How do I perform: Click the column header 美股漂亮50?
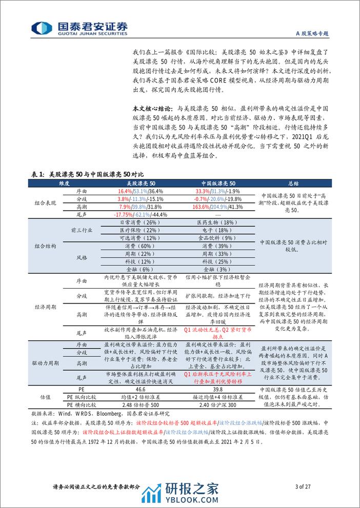[x=143, y=182]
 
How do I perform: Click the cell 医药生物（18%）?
[x=211, y=222]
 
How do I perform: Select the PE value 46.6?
[x=143, y=390]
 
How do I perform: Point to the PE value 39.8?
[x=211, y=390]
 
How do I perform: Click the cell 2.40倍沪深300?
[x=211, y=405]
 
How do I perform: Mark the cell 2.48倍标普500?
[x=143, y=405]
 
